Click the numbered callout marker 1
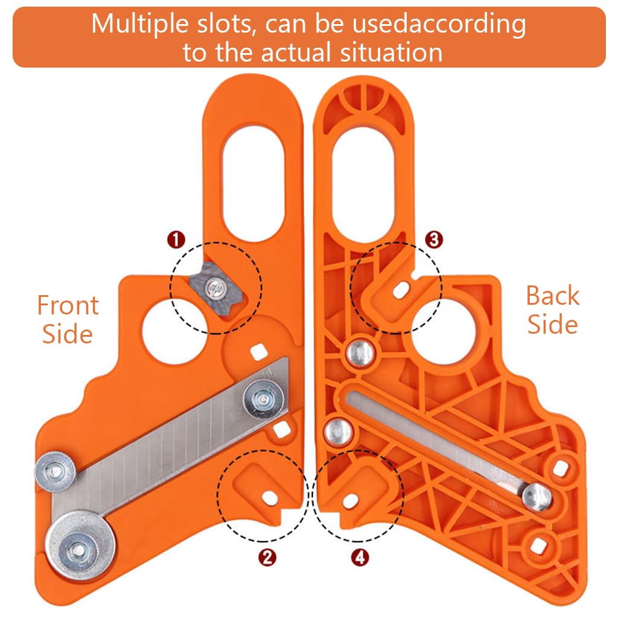(x=176, y=240)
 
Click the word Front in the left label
(x=68, y=305)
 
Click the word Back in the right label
(x=552, y=296)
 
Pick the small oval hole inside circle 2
(x=269, y=497)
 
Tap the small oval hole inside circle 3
(x=398, y=291)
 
